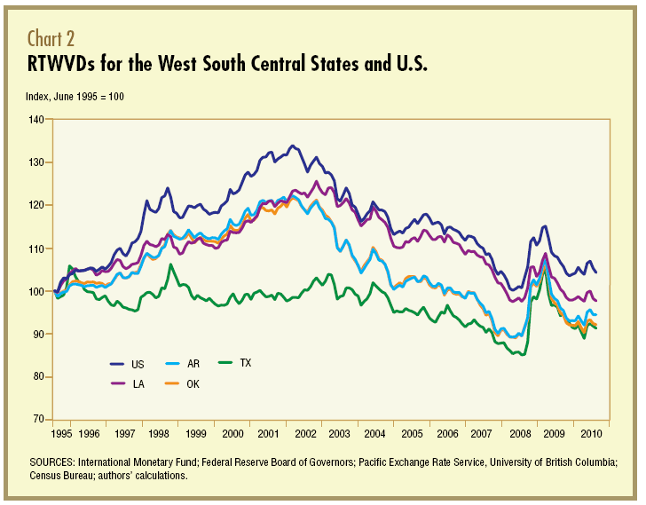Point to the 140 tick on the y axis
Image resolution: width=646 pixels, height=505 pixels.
41,119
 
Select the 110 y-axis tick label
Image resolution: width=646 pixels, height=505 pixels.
41,248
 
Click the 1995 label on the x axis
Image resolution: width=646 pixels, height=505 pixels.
61,434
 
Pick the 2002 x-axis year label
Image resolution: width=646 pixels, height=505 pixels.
305,434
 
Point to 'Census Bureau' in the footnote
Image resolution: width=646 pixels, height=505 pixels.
63,477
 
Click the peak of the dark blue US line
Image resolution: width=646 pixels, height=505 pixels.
293,146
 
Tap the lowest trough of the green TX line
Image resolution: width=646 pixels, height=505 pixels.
524,355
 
